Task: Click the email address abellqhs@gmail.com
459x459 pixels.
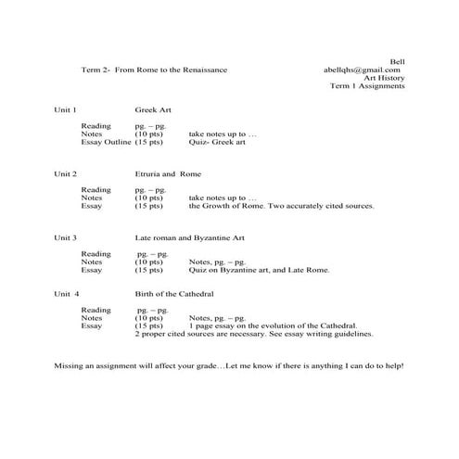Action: [362, 70]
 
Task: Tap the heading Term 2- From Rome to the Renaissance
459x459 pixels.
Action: [154, 70]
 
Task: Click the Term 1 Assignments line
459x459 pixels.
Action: [367, 86]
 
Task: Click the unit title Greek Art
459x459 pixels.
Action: [153, 109]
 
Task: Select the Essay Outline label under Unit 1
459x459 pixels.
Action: [106, 141]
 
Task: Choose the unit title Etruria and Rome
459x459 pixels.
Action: [168, 173]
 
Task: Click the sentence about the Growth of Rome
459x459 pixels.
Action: [281, 206]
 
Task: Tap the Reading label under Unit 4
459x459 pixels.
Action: [96, 310]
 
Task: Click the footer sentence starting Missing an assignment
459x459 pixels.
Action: [229, 366]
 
